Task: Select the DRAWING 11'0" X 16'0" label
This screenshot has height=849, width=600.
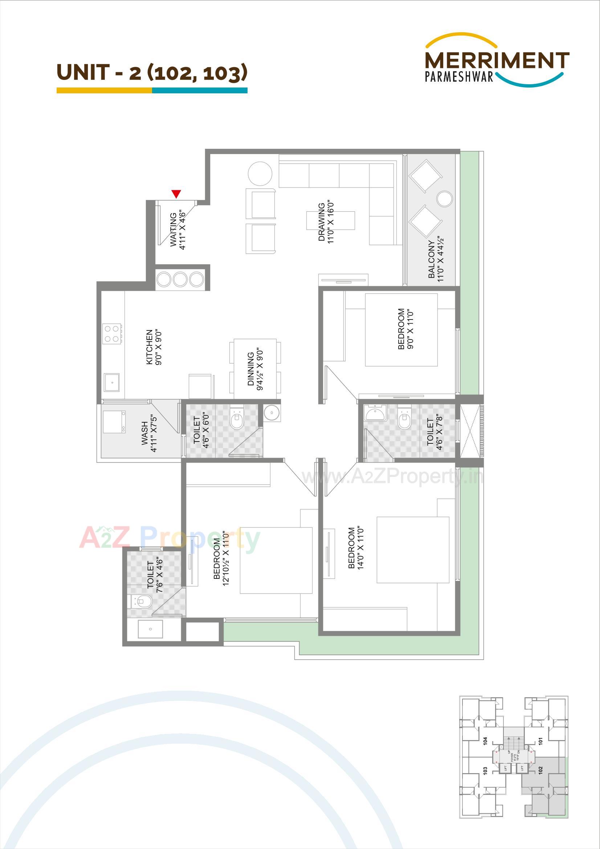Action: [x=326, y=222]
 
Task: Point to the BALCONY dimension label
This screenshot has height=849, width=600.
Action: [x=436, y=259]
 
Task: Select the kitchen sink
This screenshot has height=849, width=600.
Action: [x=111, y=382]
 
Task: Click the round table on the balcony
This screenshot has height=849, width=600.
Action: [x=444, y=199]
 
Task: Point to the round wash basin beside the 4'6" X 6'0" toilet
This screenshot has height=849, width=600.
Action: [x=272, y=413]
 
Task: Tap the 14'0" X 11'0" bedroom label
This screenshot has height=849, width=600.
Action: [x=356, y=548]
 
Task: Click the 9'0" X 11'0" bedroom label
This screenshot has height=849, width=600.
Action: [x=405, y=329]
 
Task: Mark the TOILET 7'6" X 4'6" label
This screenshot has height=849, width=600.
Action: [x=155, y=574]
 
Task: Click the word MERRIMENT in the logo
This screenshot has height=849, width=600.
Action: [x=497, y=60]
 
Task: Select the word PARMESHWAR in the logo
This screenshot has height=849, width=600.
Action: [x=459, y=77]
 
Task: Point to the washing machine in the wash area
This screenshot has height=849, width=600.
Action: [x=114, y=422]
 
